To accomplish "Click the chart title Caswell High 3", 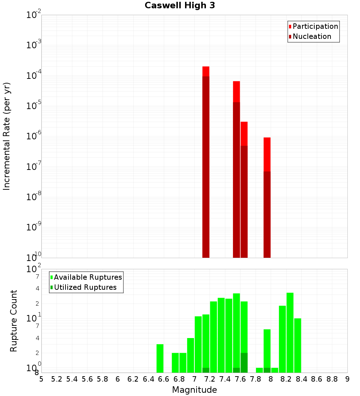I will click(x=180, y=6).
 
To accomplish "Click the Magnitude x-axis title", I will click(x=194, y=390).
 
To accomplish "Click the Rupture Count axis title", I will click(x=14, y=321).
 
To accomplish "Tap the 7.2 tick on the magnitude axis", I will click(x=210, y=379).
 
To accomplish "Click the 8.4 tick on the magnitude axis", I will click(x=301, y=379).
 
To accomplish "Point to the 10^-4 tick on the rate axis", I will click(x=34, y=76).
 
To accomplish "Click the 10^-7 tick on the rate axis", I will click(x=34, y=167).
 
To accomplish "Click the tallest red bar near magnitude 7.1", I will click(x=206, y=162).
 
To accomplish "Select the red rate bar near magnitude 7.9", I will click(x=267, y=198).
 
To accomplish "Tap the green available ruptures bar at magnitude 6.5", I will click(x=160, y=358).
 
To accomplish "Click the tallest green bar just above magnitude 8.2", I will click(x=290, y=333).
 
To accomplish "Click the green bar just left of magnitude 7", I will click(x=191, y=355).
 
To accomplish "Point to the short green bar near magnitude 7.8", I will click(x=260, y=370).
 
